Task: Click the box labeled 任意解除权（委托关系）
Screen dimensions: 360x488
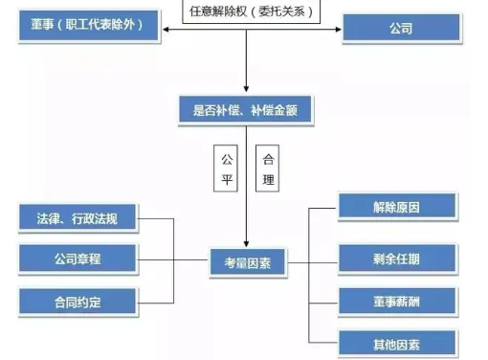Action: click(247, 12)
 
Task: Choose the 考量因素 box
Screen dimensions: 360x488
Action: click(248, 262)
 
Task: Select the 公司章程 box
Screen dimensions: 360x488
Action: click(78, 259)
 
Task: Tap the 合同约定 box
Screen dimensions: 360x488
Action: click(78, 300)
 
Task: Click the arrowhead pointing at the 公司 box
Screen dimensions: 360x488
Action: click(337, 29)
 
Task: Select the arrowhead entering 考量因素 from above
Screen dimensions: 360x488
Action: click(247, 245)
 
